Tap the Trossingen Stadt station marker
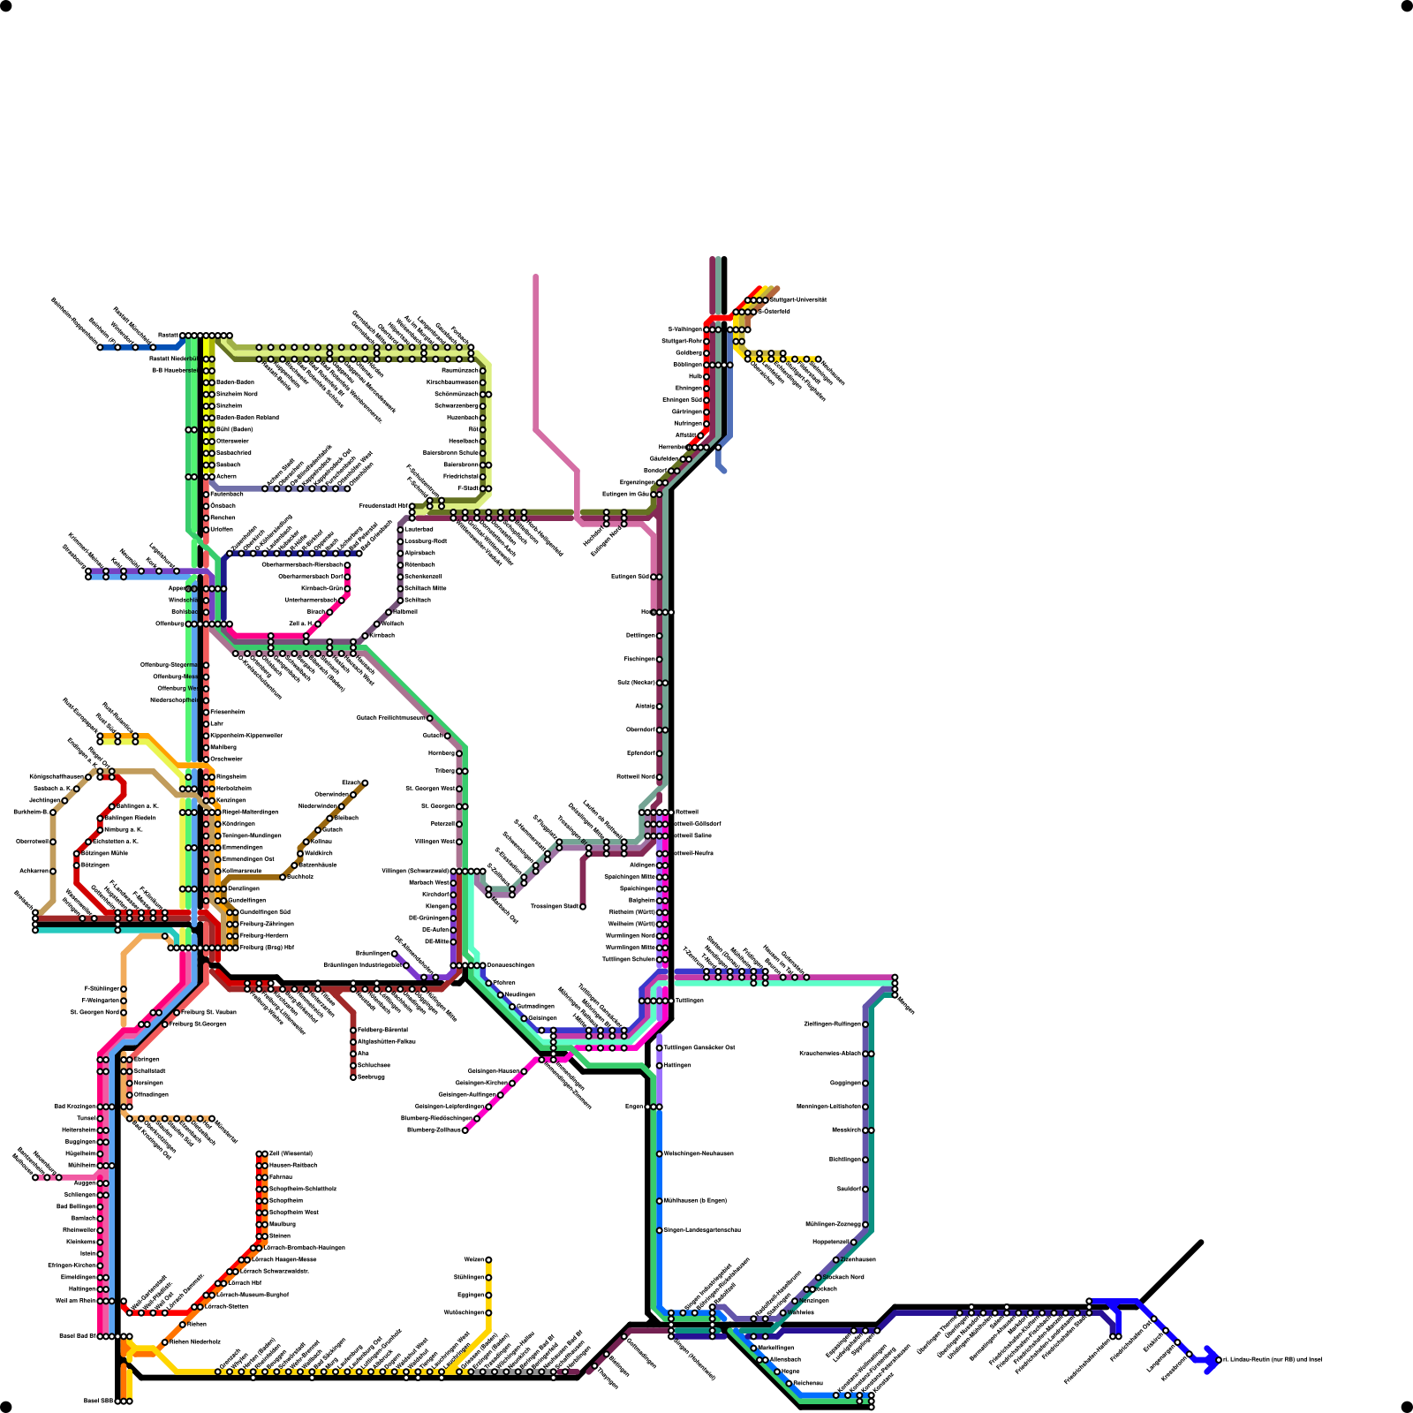point(583,906)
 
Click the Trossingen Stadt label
point(555,906)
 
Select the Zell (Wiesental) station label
point(291,1153)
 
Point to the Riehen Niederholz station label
point(194,1341)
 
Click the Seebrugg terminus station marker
point(353,1077)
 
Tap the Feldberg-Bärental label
point(382,1030)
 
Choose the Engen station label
point(634,1107)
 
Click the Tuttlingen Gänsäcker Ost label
point(699,1047)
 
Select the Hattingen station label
point(677,1065)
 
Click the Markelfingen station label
point(776,1348)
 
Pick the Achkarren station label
point(35,871)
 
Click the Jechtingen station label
point(44,800)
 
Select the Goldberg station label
point(689,352)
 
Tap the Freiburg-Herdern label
point(263,935)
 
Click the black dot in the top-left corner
point(5,5)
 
